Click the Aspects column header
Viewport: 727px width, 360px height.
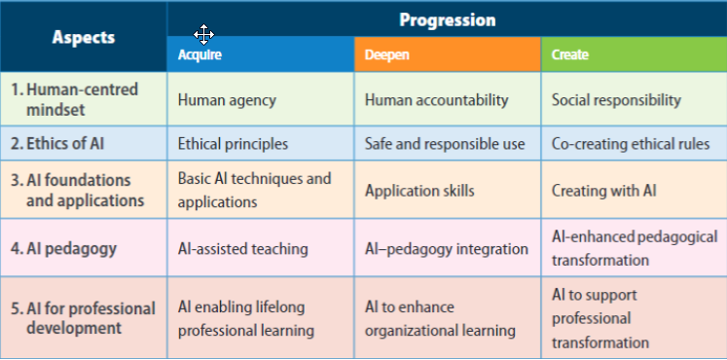click(84, 37)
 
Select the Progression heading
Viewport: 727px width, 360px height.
click(448, 19)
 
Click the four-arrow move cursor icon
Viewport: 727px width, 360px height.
click(204, 34)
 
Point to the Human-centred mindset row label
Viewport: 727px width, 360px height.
click(74, 99)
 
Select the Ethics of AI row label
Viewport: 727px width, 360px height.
click(57, 144)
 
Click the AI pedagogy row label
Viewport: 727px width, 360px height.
click(63, 249)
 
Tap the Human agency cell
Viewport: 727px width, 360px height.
click(227, 100)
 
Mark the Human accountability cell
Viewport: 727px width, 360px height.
click(437, 100)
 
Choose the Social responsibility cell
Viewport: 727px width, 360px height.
click(616, 100)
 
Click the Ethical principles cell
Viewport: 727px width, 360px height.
click(233, 144)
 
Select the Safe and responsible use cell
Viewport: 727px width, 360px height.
click(445, 144)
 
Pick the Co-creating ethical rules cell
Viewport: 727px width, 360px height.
click(631, 144)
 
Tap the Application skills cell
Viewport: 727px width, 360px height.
click(419, 191)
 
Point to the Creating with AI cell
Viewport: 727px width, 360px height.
click(604, 191)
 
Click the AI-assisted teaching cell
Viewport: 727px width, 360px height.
click(243, 249)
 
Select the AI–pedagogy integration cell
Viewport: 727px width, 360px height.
click(447, 249)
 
